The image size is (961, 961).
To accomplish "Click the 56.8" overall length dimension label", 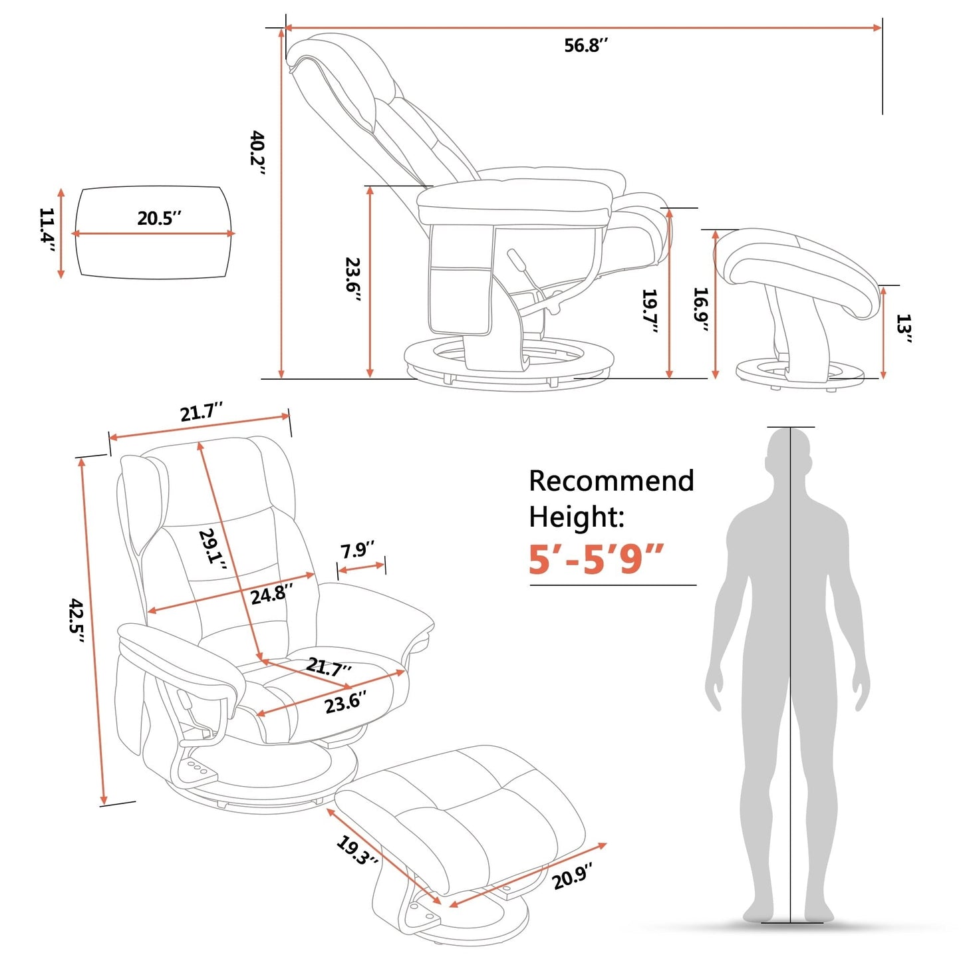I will pyautogui.click(x=586, y=45).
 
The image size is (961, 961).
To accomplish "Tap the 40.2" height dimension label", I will pyautogui.click(x=258, y=153).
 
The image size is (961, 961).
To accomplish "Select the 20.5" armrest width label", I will pyautogui.click(x=159, y=218).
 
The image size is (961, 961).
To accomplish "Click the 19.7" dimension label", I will pyautogui.click(x=650, y=311).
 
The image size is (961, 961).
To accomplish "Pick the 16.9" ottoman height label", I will pyautogui.click(x=701, y=309).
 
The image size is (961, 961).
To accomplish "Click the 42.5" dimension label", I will pyautogui.click(x=78, y=620).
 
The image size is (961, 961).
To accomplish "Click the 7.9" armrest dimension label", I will pyautogui.click(x=357, y=550).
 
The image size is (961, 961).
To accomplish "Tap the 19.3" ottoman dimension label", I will pyautogui.click(x=357, y=851).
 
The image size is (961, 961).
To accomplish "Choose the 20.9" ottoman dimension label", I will pyautogui.click(x=572, y=875).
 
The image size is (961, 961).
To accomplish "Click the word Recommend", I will pyautogui.click(x=611, y=481).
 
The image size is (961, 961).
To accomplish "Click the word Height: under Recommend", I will pyautogui.click(x=576, y=517).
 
